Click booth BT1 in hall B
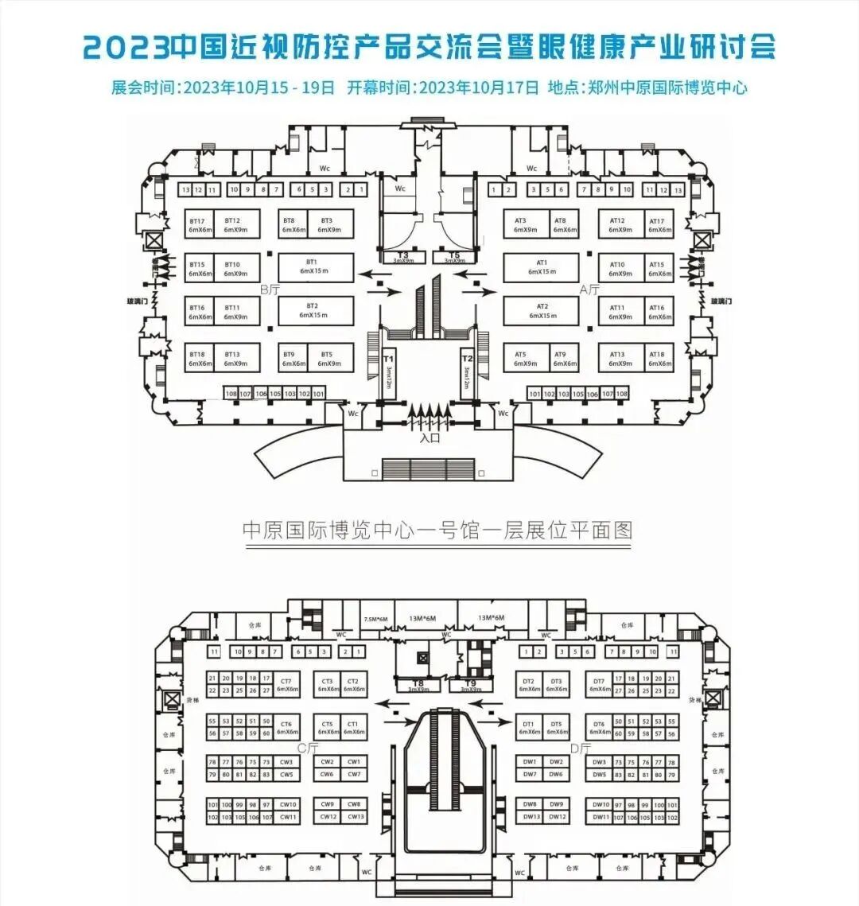tap(312, 266)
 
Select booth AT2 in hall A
tap(542, 310)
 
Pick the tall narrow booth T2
tap(468, 367)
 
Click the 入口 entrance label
tap(429, 437)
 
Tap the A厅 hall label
tap(589, 290)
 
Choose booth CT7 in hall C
tap(287, 685)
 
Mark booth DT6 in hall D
tap(599, 727)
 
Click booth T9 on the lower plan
tap(470, 686)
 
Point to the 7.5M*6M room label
tap(375, 619)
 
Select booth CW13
tap(354, 817)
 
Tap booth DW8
tap(530, 804)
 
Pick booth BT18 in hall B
tap(200, 359)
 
